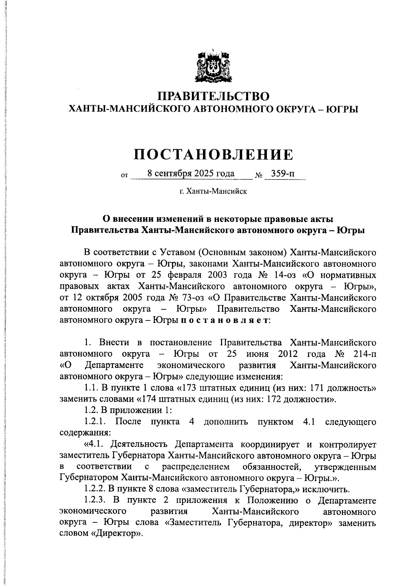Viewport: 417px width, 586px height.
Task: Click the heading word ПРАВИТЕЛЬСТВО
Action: [213, 96]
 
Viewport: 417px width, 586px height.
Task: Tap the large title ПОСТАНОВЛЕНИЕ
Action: [213, 154]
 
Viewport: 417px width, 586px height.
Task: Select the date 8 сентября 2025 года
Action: [191, 173]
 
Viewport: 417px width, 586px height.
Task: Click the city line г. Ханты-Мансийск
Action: [213, 191]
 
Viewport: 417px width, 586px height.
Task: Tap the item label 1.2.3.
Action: [95, 501]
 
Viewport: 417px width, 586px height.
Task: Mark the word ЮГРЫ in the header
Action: [343, 109]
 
